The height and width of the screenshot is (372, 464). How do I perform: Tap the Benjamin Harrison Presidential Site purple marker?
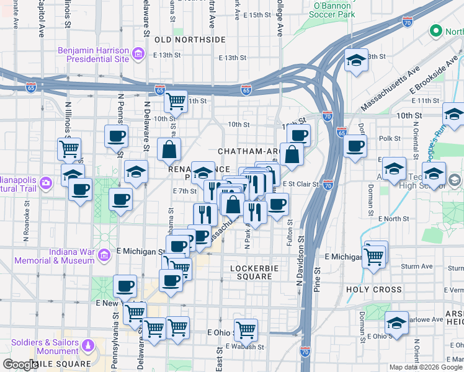[x=138, y=55]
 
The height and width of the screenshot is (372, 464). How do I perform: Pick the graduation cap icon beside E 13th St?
[x=356, y=61]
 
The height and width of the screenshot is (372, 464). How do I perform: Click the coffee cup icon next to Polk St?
[x=355, y=147]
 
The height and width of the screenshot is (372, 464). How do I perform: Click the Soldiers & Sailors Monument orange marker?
[x=89, y=346]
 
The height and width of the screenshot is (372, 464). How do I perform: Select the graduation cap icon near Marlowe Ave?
[x=396, y=323]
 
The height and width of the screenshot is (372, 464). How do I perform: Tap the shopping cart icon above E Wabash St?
[x=246, y=329]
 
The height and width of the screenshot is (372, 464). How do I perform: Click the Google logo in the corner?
[x=20, y=365]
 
